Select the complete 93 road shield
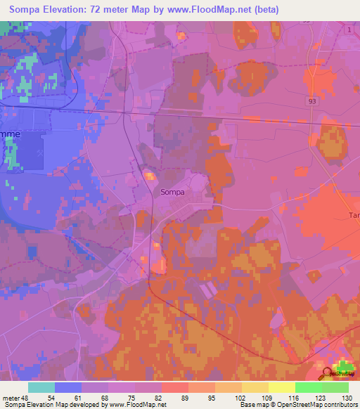[311, 101]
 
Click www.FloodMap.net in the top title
[205, 10]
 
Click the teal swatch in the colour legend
[41, 387]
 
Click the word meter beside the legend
[11, 397]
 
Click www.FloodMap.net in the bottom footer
[138, 405]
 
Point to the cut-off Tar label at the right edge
[353, 216]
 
